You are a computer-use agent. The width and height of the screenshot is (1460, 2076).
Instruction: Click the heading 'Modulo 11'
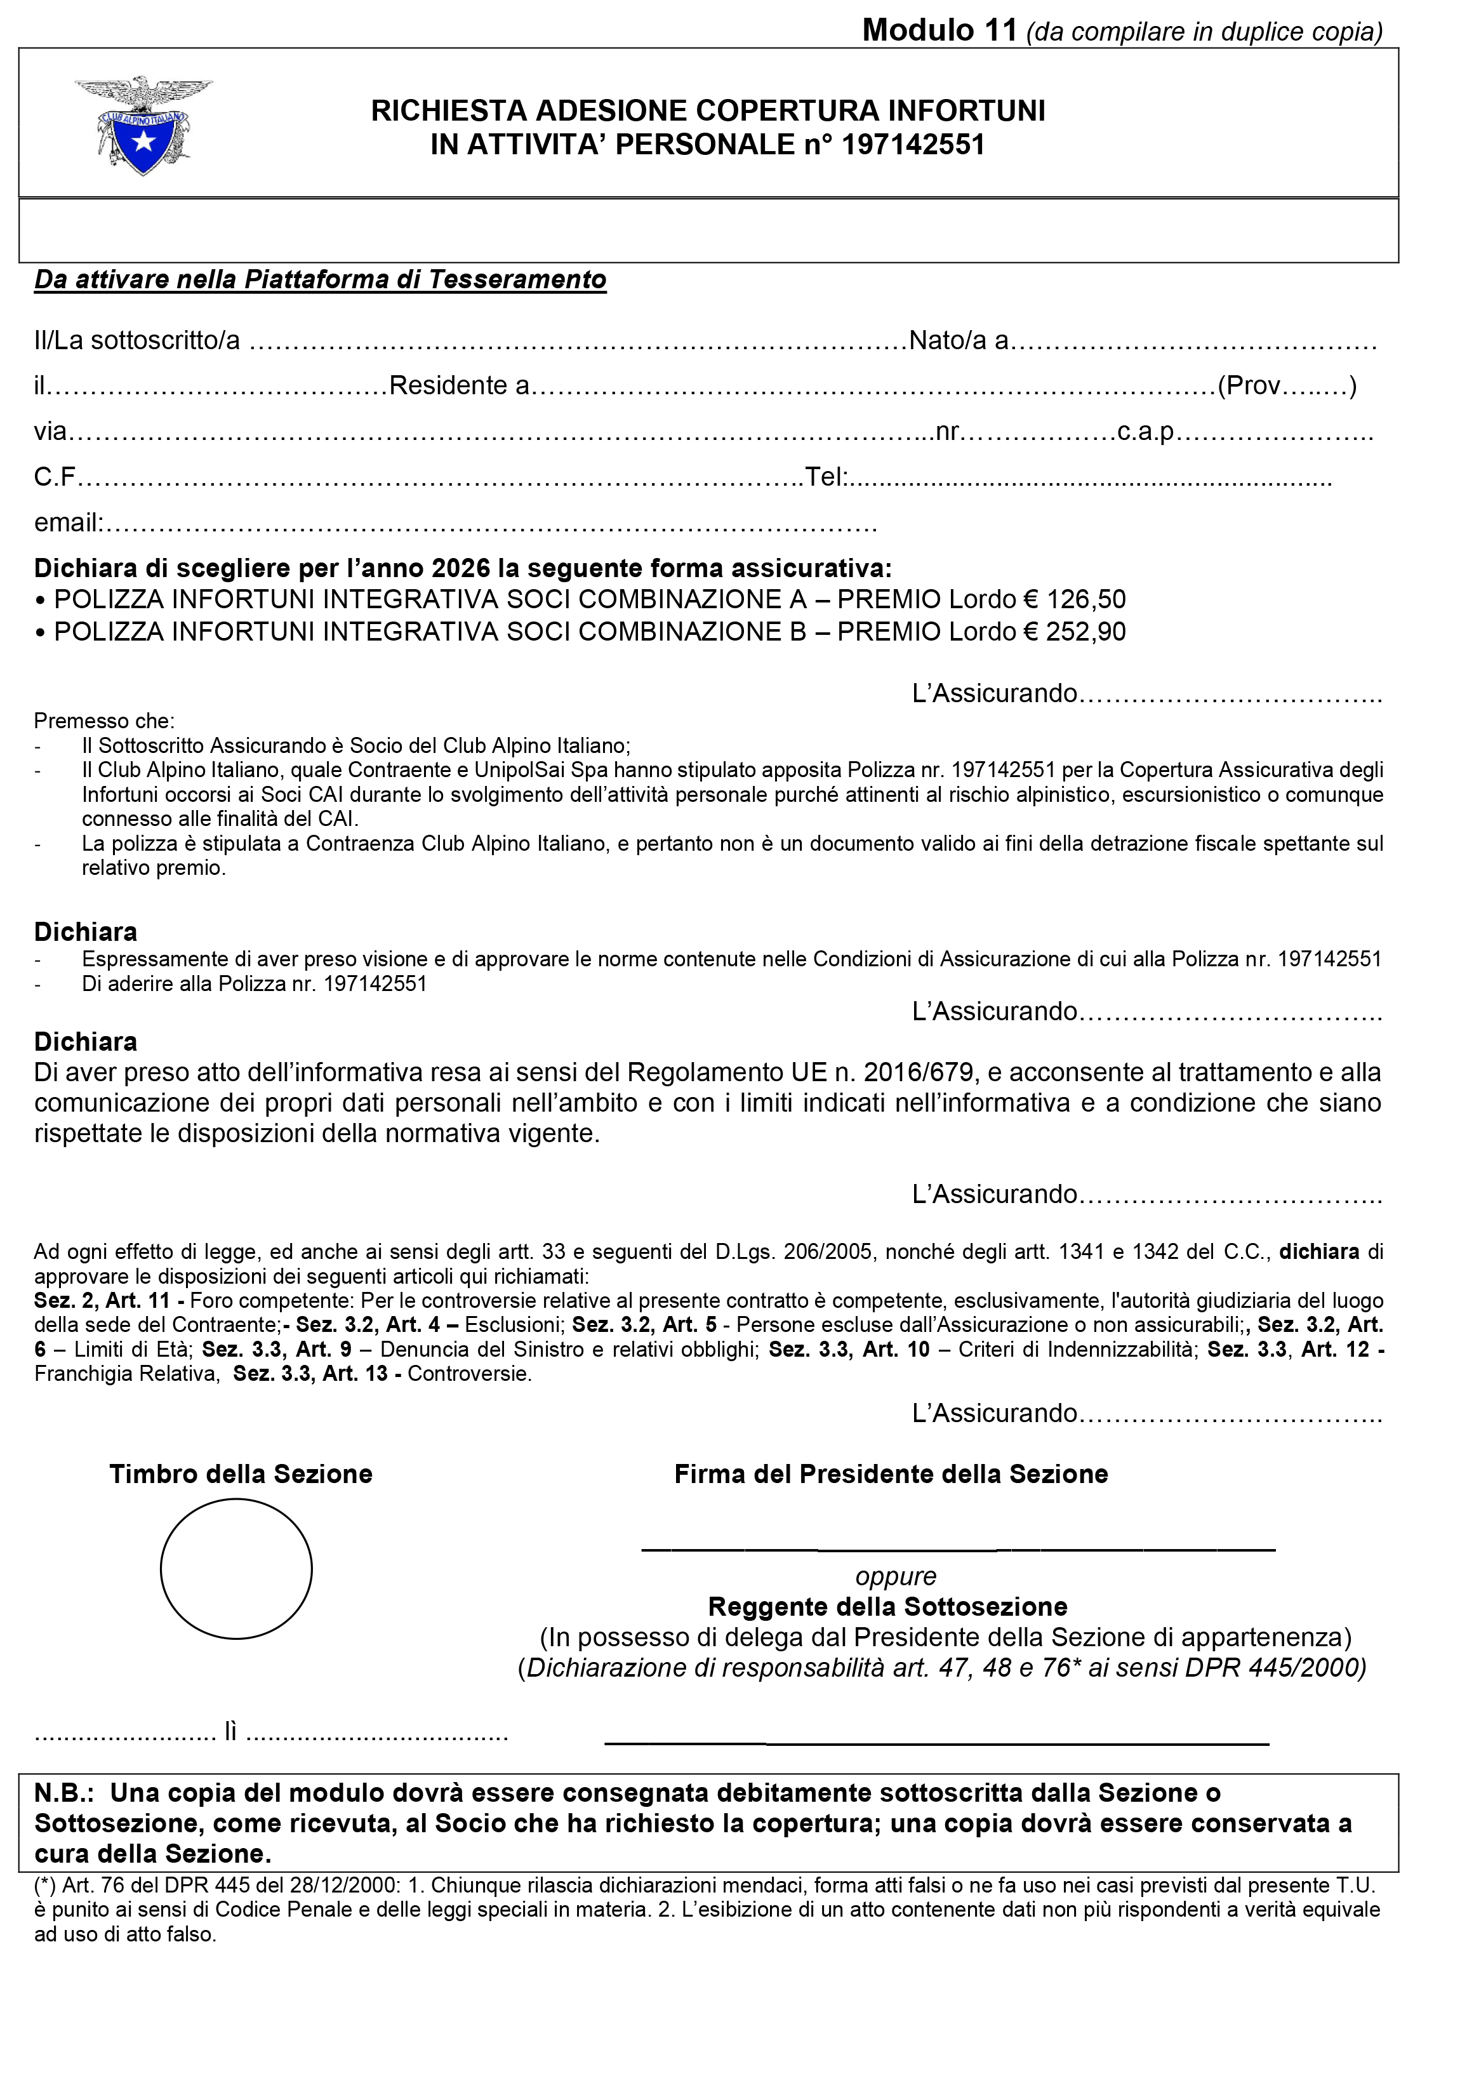click(939, 30)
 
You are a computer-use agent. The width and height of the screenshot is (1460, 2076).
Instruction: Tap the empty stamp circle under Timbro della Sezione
click(236, 1569)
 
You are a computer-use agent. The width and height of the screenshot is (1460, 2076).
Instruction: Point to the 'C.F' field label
click(54, 477)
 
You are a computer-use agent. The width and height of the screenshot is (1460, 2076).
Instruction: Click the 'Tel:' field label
click(825, 477)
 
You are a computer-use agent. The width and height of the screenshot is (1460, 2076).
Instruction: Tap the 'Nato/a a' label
click(959, 341)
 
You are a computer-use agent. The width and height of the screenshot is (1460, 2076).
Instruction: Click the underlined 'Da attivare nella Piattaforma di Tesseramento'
click(320, 279)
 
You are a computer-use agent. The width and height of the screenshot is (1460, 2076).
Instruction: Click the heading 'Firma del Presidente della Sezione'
click(891, 1474)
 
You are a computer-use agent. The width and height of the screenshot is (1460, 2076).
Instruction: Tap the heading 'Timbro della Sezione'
click(241, 1474)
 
